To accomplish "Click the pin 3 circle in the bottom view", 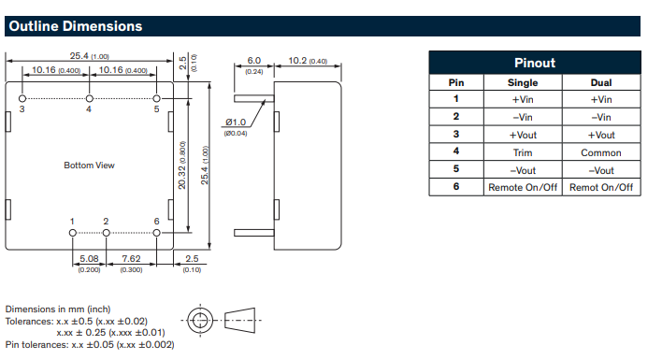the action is tap(22, 98).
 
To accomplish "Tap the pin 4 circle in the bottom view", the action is tap(89, 98).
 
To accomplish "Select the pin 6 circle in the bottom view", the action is tap(156, 233).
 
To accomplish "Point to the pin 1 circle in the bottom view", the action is tap(73, 233).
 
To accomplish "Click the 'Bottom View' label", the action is tap(89, 166).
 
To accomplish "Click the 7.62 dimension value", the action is tap(131, 259).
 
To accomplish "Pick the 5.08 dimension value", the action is tap(89, 259).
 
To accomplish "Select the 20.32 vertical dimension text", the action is tap(181, 178).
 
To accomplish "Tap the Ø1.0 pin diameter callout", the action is tap(236, 122).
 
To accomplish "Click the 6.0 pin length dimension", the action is tap(253, 61).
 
